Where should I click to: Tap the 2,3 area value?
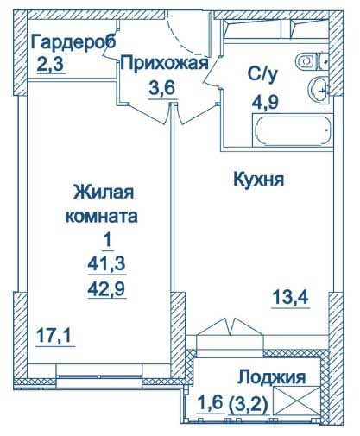click(x=50, y=65)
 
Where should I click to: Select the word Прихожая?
click(x=164, y=63)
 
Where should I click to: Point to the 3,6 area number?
click(x=162, y=88)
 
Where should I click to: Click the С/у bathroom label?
click(x=262, y=74)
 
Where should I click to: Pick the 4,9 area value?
click(x=265, y=101)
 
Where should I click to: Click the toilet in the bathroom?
click(x=312, y=61)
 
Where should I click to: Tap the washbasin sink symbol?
click(x=318, y=89)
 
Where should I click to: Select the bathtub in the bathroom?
click(x=293, y=130)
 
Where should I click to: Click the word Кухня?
click(x=259, y=180)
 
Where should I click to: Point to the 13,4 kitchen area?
click(x=290, y=297)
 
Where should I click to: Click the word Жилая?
click(x=104, y=192)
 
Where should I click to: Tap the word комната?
click(x=102, y=217)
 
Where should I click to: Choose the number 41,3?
click(x=106, y=264)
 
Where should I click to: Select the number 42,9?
click(x=106, y=288)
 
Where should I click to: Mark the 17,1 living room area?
click(x=54, y=336)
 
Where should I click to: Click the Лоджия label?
click(x=271, y=377)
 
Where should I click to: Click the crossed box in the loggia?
click(x=297, y=401)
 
